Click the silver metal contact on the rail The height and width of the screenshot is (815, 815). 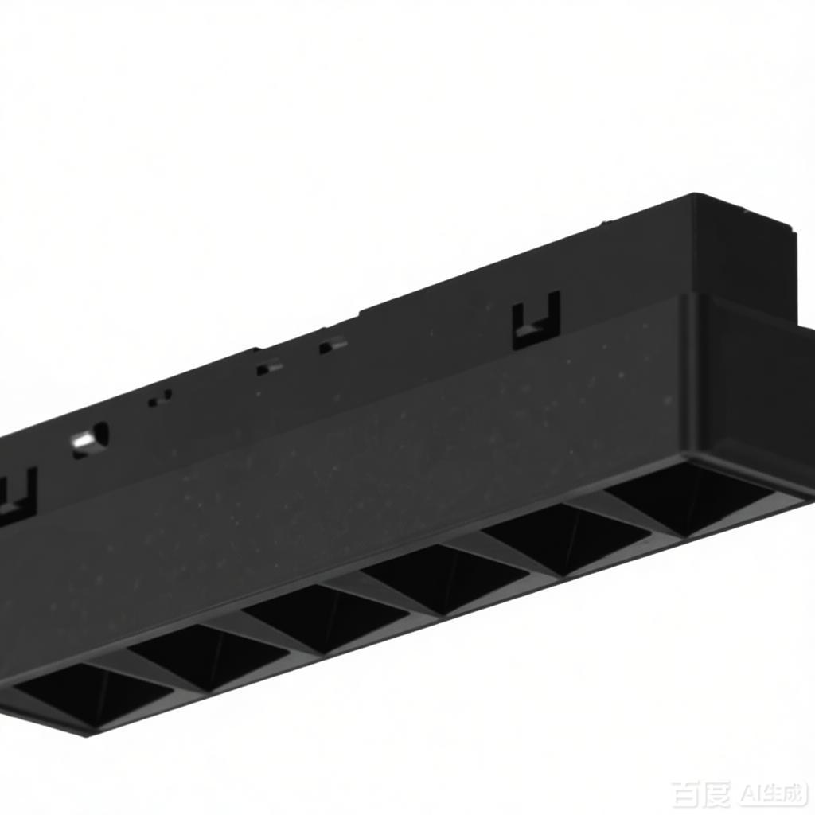point(89,440)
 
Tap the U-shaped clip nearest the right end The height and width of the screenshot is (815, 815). point(536,320)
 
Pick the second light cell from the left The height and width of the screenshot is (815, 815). point(209,656)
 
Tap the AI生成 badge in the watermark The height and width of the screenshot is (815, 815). point(773,794)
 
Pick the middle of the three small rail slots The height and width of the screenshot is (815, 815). point(269,369)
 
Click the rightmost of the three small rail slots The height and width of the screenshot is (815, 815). point(333,345)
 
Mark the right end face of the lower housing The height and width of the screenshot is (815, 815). point(756,390)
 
